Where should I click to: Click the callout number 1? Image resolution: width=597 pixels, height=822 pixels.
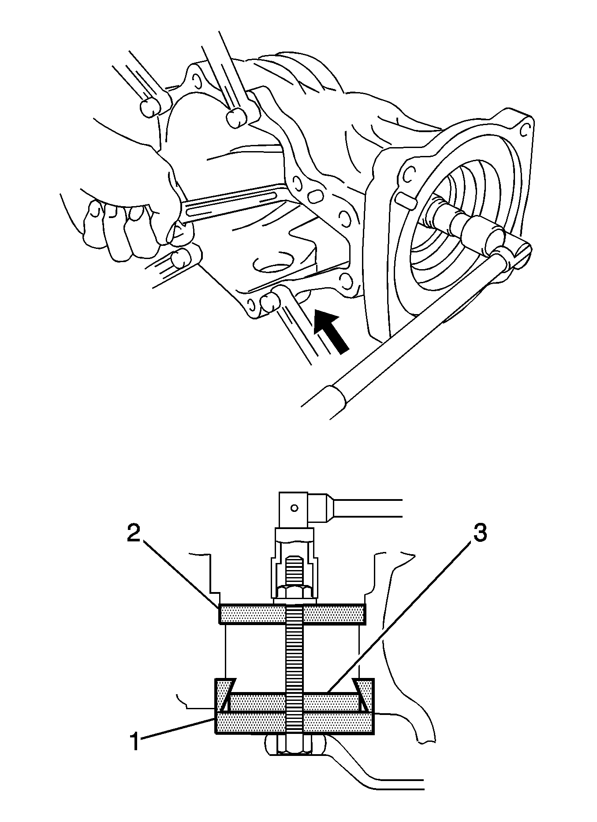[x=135, y=741]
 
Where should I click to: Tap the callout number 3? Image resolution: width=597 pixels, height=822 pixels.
[x=480, y=533]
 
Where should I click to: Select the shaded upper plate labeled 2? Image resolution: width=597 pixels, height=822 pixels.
[x=292, y=614]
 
